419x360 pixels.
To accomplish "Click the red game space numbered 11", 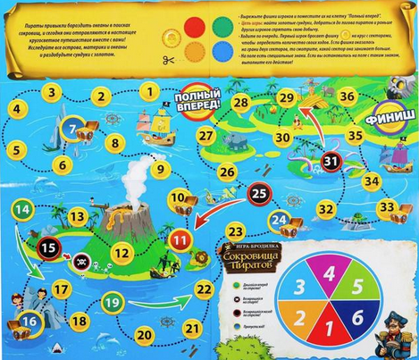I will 181,239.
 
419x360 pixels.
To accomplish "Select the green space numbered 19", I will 112,302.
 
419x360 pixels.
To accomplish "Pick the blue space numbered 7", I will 71,130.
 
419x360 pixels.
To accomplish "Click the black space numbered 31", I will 331,161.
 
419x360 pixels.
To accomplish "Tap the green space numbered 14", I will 24,211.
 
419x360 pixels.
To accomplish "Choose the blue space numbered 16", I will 30,319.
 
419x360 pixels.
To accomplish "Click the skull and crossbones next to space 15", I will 80,263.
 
